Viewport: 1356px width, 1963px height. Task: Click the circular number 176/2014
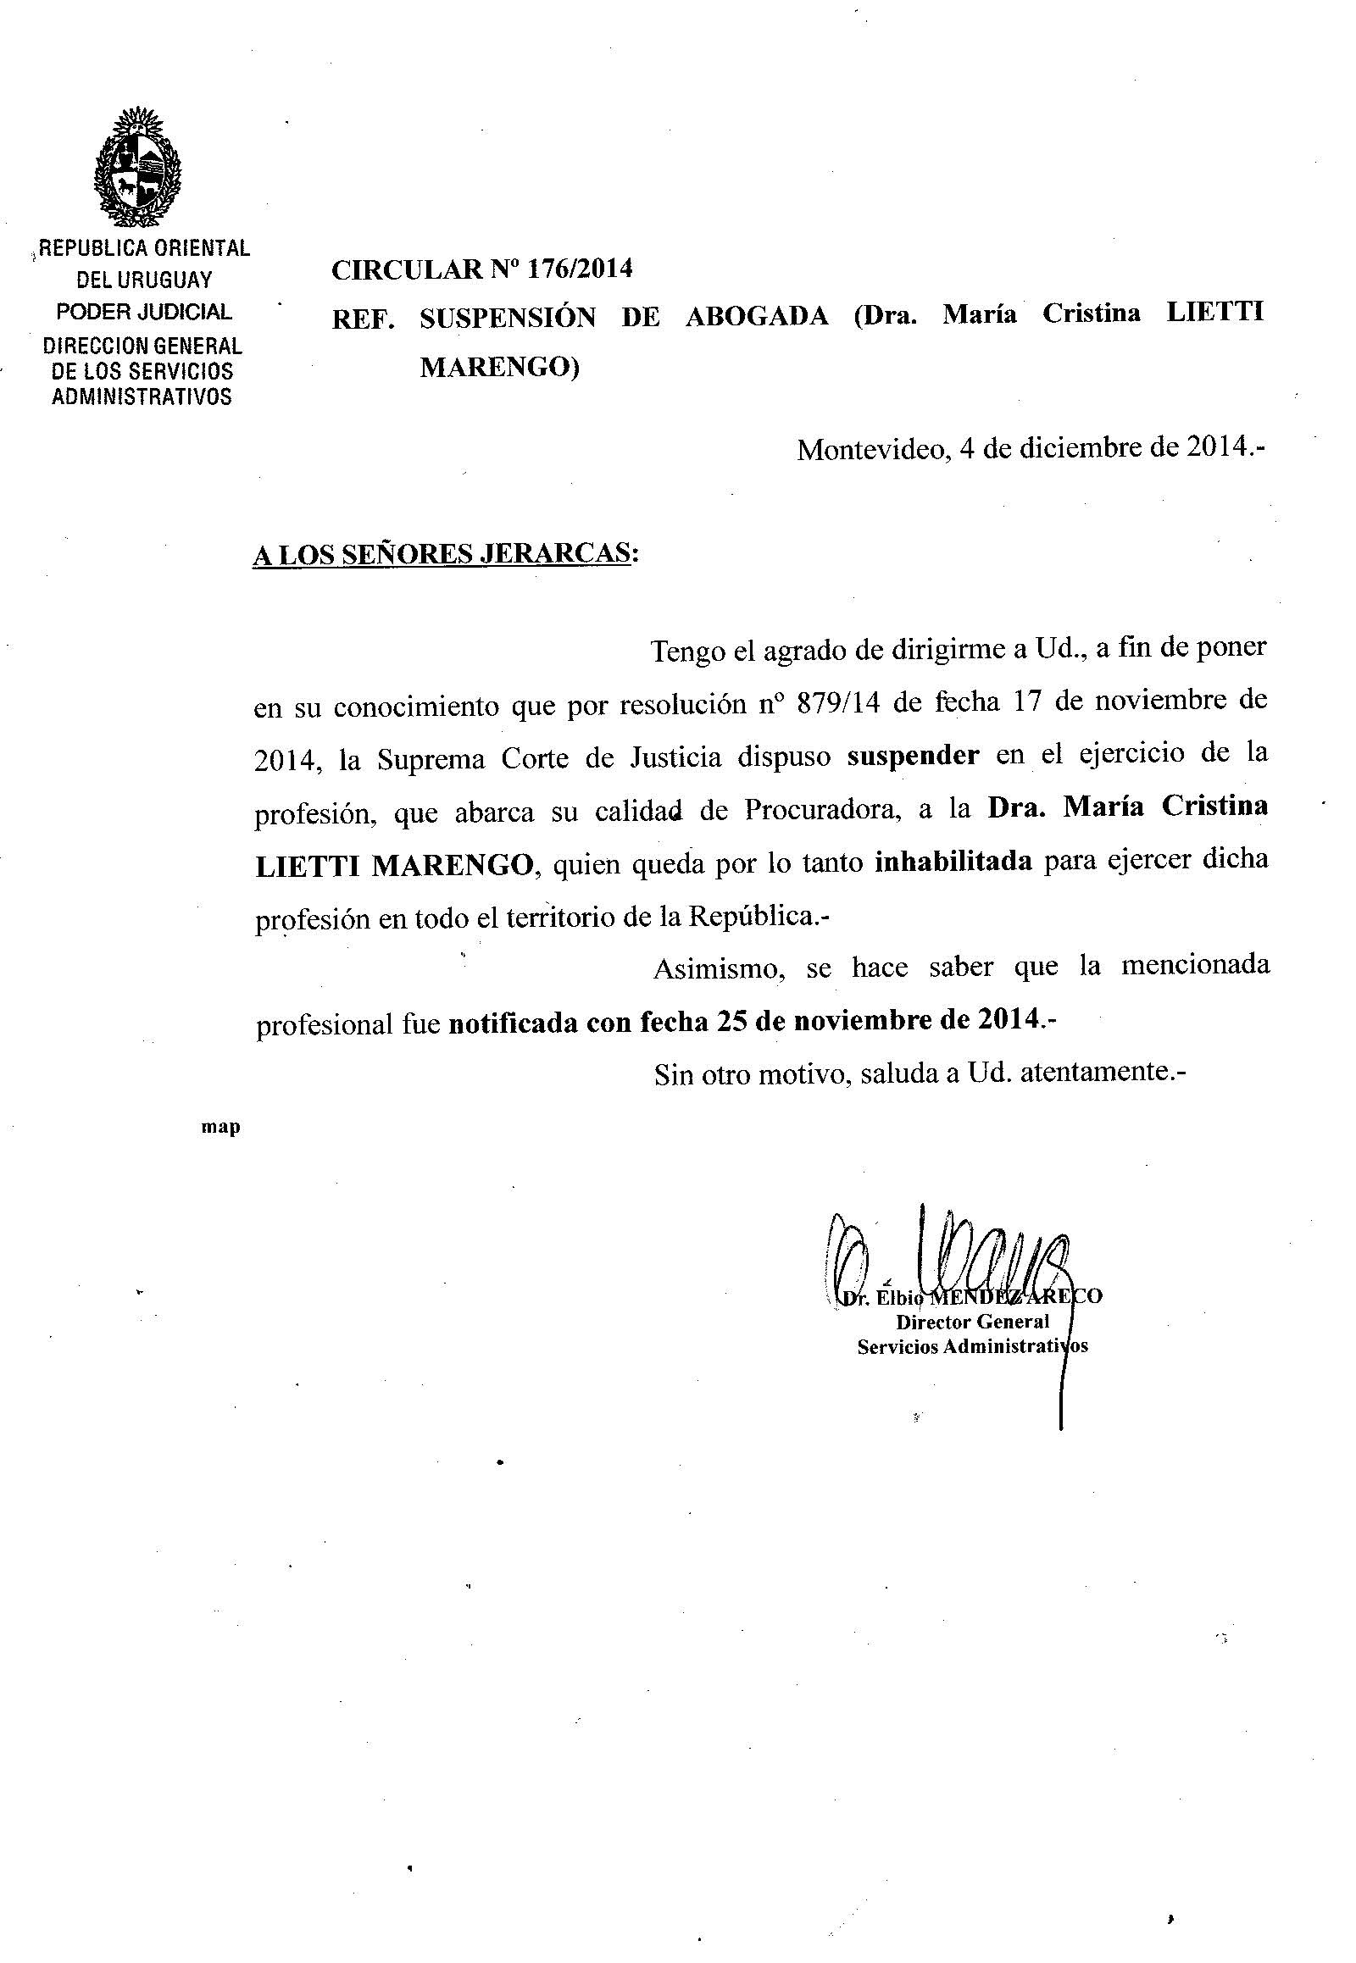pos(580,269)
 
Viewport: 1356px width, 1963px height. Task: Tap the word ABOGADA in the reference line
pos(756,316)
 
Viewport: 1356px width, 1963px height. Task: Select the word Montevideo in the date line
pos(872,449)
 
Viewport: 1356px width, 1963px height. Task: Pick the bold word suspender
pos(913,755)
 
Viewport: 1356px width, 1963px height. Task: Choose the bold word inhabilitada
pos(953,862)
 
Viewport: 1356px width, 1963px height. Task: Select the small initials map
pos(220,1127)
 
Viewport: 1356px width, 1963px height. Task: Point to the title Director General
pos(972,1322)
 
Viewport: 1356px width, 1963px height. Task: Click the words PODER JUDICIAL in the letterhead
pos(143,312)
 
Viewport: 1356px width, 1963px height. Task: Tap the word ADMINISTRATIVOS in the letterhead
pos(142,396)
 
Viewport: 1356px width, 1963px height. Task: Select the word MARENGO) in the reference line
pos(499,368)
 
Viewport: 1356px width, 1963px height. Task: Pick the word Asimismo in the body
pos(719,968)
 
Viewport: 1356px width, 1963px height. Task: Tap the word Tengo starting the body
pos(686,652)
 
